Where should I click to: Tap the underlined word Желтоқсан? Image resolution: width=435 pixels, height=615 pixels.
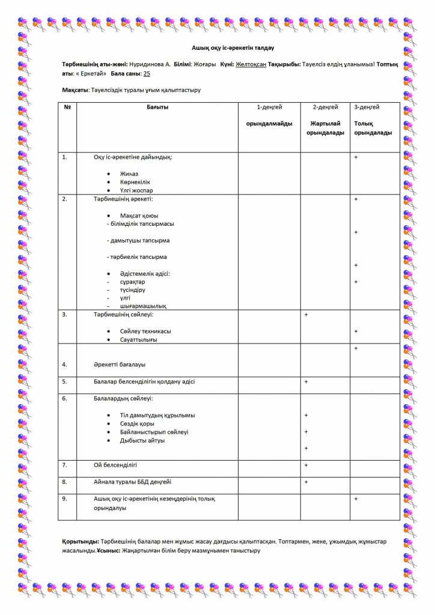[x=251, y=63]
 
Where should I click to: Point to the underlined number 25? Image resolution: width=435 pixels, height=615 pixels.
[x=147, y=73]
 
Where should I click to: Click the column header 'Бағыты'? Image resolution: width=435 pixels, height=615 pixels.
[x=157, y=107]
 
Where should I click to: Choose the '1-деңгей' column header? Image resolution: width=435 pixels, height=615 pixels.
[x=269, y=107]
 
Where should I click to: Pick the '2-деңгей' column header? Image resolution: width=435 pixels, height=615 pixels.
[x=325, y=107]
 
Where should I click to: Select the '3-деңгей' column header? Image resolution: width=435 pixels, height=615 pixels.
[x=367, y=107]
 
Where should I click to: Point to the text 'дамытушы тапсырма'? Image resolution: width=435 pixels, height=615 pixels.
[x=138, y=240]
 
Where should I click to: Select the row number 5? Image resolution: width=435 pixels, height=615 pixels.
[x=64, y=381]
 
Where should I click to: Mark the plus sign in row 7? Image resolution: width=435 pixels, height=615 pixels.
[x=306, y=465]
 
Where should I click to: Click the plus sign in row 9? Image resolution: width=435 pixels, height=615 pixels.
[x=356, y=498]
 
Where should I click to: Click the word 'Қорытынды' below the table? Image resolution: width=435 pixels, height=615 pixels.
[x=81, y=541]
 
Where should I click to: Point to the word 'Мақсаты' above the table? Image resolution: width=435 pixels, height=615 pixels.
[x=75, y=90]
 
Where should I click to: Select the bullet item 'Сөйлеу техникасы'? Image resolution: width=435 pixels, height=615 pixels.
[x=145, y=331]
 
